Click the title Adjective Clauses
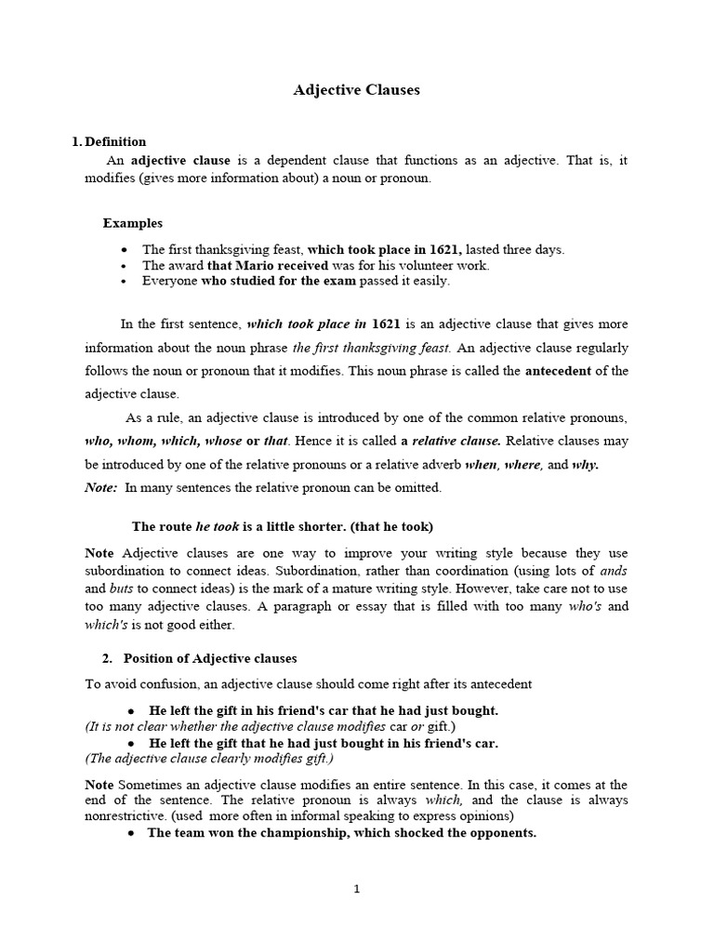(x=357, y=90)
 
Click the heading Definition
(x=115, y=142)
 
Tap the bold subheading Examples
(x=133, y=223)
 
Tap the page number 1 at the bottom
(x=356, y=889)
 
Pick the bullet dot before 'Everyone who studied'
(x=124, y=281)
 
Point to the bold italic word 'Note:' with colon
(x=101, y=487)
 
